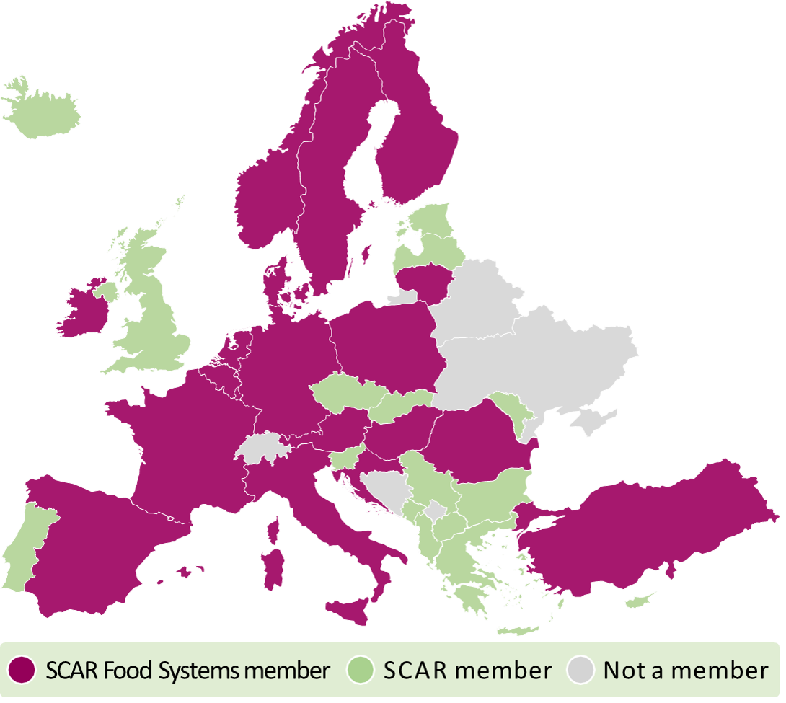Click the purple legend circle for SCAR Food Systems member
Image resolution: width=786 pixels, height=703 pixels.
(22, 671)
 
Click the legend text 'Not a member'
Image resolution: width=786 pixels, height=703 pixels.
(685, 671)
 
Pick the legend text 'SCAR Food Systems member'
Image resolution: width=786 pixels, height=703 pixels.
(187, 671)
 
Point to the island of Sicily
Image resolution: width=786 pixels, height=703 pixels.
(349, 610)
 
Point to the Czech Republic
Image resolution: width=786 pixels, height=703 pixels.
(346, 394)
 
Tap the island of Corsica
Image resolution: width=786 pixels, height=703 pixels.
(273, 529)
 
